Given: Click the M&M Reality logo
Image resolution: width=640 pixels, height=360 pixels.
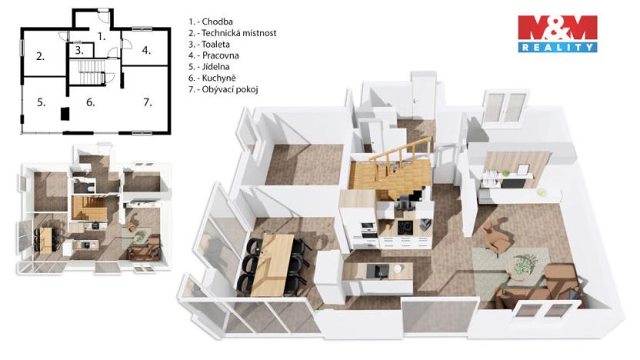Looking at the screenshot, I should click(x=557, y=33).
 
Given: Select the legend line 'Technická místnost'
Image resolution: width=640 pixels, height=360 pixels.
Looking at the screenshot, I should click(x=232, y=33).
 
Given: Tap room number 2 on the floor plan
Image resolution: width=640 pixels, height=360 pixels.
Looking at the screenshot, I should click(x=39, y=55).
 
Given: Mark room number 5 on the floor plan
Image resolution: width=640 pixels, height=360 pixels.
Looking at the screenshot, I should click(x=40, y=101).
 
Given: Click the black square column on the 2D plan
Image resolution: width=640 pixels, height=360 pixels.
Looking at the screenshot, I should click(x=65, y=114).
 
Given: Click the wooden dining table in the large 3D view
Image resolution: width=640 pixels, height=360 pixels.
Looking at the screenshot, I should click(x=278, y=255).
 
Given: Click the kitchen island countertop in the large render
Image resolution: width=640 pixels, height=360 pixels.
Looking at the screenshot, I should click(x=376, y=272).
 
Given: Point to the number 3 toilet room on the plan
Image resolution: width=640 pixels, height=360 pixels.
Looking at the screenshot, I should click(x=78, y=51).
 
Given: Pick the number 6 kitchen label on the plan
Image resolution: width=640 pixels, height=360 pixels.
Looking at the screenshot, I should click(x=90, y=102).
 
